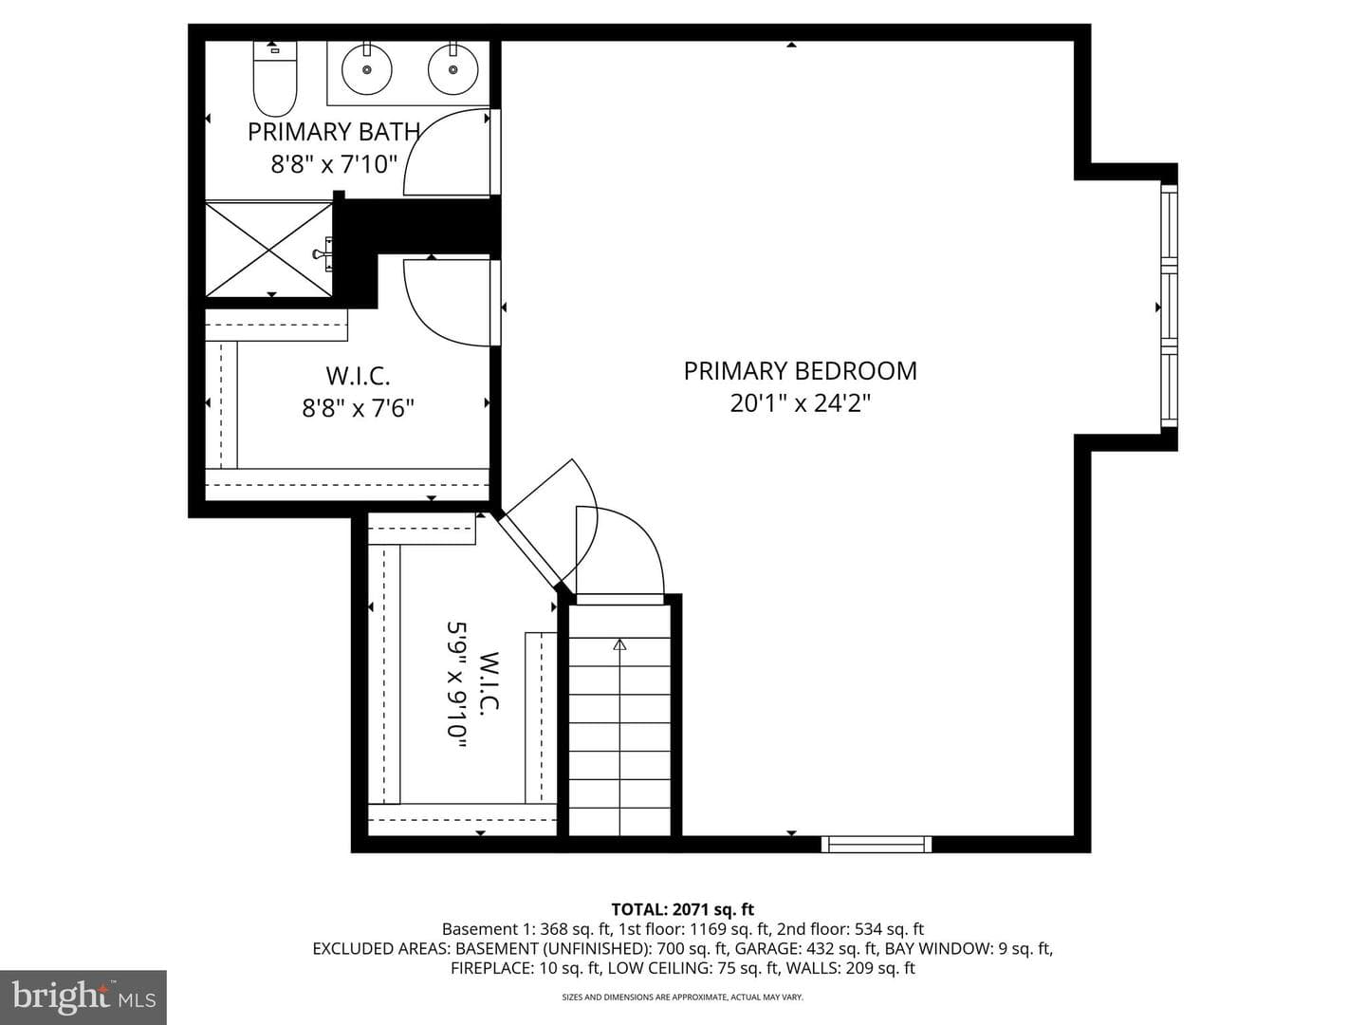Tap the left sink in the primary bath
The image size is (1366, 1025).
pyautogui.click(x=366, y=68)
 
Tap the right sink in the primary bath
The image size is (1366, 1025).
pyautogui.click(x=453, y=68)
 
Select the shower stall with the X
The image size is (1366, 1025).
pyautogui.click(x=268, y=249)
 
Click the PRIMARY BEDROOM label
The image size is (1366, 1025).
pyautogui.click(x=801, y=371)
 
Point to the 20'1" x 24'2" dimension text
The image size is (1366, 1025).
pyautogui.click(x=801, y=404)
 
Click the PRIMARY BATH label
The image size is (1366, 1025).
pyautogui.click(x=334, y=132)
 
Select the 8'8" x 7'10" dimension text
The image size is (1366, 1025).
pyautogui.click(x=334, y=164)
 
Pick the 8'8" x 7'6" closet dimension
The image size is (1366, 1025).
pyautogui.click(x=359, y=408)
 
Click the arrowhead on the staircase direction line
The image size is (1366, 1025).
pyautogui.click(x=619, y=644)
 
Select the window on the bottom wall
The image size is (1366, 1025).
pyautogui.click(x=877, y=844)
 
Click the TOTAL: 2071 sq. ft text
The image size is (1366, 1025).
pyautogui.click(x=683, y=910)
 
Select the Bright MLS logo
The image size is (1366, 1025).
pyautogui.click(x=83, y=997)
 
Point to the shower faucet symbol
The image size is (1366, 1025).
pyautogui.click(x=323, y=253)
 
